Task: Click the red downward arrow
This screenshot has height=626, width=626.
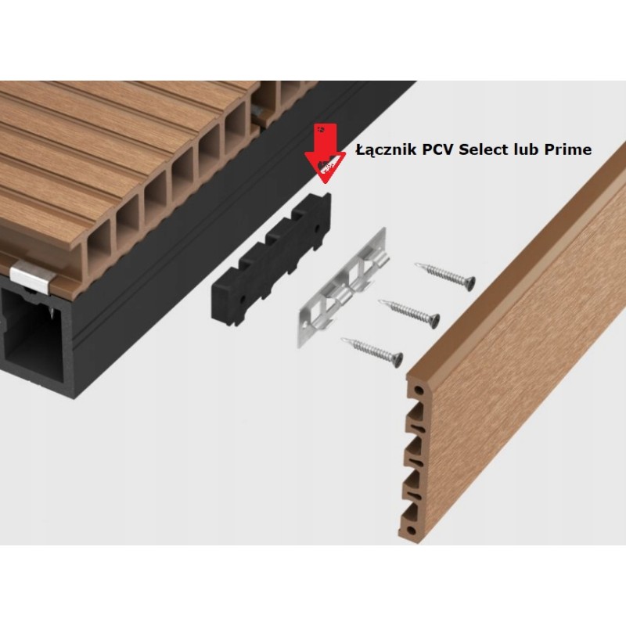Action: click(326, 153)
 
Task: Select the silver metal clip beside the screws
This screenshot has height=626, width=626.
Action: click(344, 286)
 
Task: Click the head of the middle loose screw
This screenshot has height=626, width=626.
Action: click(434, 321)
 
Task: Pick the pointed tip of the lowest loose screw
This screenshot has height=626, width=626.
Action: click(343, 340)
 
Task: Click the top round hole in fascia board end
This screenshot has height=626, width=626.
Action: click(418, 390)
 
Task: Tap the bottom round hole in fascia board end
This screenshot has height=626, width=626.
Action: click(411, 531)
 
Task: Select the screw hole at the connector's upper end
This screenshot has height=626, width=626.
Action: click(318, 228)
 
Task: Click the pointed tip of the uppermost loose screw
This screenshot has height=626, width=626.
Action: click(417, 264)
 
